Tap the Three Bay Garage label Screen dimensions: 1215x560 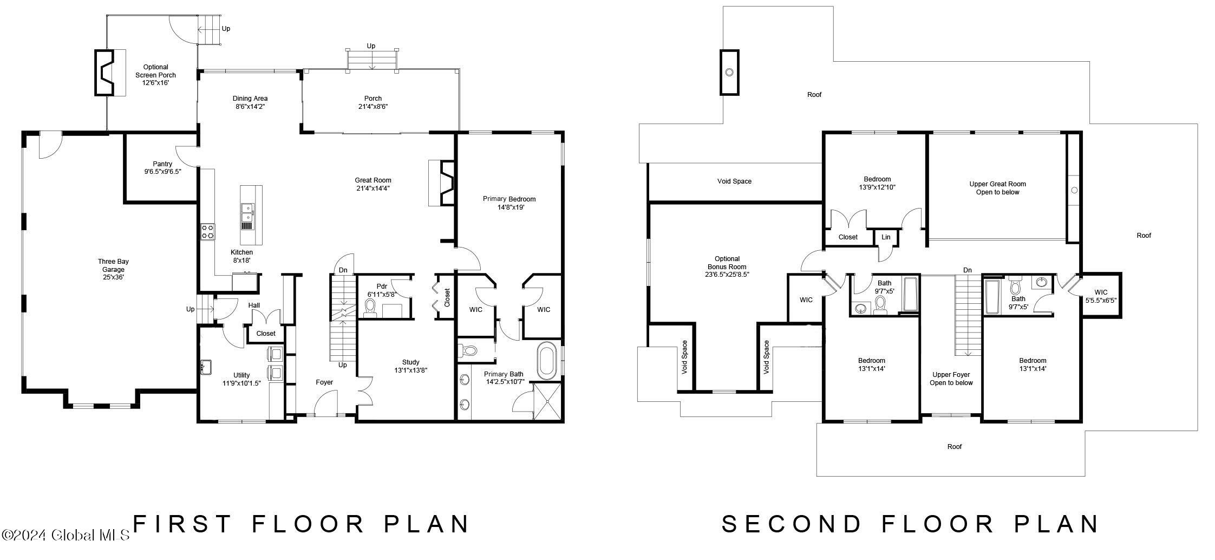(x=113, y=269)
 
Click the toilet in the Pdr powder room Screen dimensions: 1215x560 (x=371, y=307)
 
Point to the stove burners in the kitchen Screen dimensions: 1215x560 (x=208, y=232)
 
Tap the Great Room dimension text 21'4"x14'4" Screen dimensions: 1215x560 (x=373, y=188)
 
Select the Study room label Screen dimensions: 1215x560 (x=411, y=362)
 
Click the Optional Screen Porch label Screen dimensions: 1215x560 (x=155, y=75)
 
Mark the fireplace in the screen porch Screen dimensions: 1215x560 (x=110, y=73)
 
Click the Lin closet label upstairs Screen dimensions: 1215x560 (x=886, y=237)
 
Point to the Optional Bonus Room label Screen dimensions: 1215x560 (x=727, y=266)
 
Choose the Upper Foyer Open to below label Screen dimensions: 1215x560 (x=951, y=379)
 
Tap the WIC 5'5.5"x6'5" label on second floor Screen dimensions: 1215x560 (x=1101, y=296)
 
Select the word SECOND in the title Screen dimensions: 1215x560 (x=791, y=524)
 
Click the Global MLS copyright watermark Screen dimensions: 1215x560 (x=65, y=535)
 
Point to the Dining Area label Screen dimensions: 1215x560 (x=250, y=102)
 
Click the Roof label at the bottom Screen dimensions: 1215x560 (x=955, y=447)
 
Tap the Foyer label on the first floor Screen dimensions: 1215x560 (x=324, y=382)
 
